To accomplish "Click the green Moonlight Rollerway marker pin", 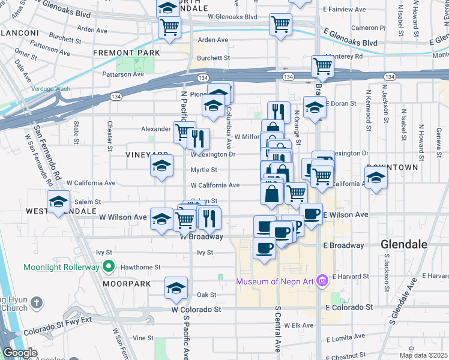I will pos(109,266).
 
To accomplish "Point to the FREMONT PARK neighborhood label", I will pos(126,53).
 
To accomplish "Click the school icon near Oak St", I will pos(175,288).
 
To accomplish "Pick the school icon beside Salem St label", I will pos(58,202).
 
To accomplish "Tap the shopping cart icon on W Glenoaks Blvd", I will pos(280,24).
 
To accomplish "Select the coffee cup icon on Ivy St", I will pos(264,247).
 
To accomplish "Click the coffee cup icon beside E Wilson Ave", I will pos(310,214).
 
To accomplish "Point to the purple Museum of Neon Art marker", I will pos(322,280).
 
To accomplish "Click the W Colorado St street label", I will pos(196,310).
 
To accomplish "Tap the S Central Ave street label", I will pos(278,329).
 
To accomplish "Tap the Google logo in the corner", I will pos(20,353).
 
